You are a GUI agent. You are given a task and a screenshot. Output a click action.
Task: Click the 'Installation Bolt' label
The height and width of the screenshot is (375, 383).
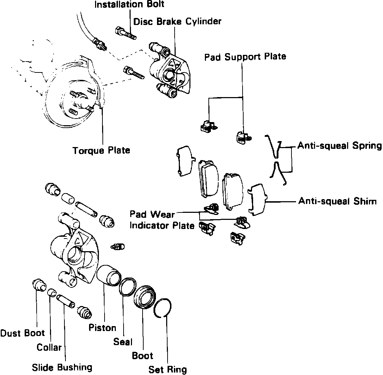129,5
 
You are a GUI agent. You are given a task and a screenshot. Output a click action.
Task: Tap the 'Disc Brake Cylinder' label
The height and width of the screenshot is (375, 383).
177,21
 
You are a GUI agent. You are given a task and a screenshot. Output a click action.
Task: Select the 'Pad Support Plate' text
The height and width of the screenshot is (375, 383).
245,56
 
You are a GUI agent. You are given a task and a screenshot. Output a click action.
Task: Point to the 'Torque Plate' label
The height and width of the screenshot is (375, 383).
101,151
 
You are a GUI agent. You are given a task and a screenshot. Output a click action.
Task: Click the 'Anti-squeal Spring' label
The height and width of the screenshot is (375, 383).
339,146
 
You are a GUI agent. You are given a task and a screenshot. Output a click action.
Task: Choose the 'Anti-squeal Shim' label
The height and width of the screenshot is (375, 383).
337,201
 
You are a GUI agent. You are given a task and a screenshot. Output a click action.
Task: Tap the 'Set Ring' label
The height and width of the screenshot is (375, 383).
167,369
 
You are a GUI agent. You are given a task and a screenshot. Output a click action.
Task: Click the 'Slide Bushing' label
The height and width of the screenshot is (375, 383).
62,367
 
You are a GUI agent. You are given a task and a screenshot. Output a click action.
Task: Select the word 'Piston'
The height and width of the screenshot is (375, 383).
102,328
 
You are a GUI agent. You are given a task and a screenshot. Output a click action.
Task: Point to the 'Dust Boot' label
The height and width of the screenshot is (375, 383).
23,333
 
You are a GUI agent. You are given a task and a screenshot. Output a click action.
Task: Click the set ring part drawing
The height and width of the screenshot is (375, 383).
163,308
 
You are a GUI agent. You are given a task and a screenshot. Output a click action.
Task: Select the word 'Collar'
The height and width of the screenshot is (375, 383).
49,347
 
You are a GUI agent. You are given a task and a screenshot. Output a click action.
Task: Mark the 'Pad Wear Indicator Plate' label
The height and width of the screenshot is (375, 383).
162,220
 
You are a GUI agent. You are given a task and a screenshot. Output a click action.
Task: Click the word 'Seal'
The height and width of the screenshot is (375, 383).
123,342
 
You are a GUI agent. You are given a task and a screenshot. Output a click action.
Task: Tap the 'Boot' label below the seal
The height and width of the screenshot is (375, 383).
143,355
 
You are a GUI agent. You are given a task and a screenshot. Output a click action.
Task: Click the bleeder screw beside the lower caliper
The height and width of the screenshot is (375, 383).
118,247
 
